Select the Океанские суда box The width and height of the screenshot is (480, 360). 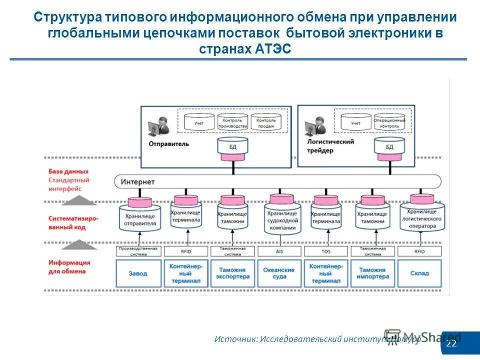tap(279, 273)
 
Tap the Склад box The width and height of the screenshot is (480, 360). tap(419, 273)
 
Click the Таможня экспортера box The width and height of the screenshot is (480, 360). tap(232, 273)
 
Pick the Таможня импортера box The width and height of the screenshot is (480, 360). tap(372, 273)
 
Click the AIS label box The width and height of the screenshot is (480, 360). tap(279, 251)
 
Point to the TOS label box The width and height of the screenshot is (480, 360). tap(325, 251)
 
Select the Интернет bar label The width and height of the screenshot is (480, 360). tap(138, 181)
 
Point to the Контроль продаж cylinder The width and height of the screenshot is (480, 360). tap(266, 122)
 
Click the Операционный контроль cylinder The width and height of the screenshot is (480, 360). tap(389, 122)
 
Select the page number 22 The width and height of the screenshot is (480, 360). tap(451, 344)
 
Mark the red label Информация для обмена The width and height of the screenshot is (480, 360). tap(69, 267)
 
